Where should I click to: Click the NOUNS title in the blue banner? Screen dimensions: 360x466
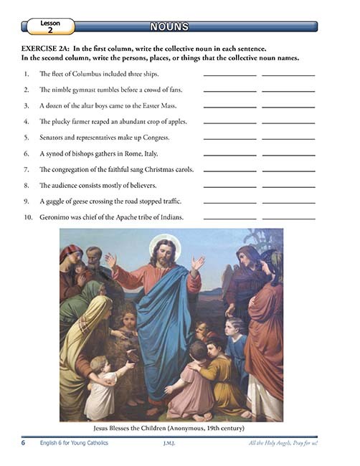coord(169,27)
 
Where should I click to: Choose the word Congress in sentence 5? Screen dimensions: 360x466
coord(151,137)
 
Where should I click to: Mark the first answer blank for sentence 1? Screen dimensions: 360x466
coord(229,75)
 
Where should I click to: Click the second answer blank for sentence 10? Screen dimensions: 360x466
coord(288,218)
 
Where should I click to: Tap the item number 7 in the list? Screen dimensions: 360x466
coord(26,169)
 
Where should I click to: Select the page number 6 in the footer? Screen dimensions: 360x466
coord(23,444)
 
